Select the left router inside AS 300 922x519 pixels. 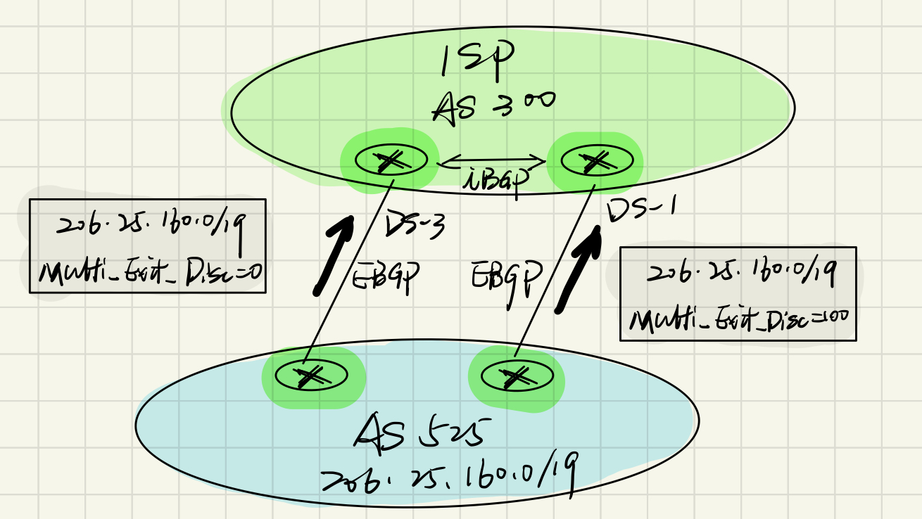391,161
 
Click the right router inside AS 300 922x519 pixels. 595,161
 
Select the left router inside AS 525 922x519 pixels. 307,376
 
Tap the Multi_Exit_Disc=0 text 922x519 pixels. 151,274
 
